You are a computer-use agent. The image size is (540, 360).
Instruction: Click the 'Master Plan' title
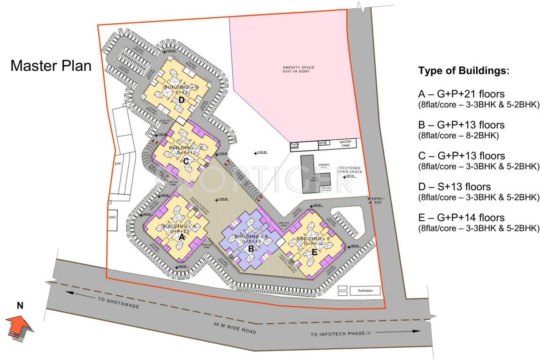[51, 66]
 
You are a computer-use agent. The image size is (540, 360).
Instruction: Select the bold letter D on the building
[181, 99]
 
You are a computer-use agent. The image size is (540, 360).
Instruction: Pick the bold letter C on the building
[186, 161]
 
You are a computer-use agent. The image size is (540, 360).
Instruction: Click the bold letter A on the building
[181, 237]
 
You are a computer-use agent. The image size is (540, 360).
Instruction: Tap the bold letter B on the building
[251, 248]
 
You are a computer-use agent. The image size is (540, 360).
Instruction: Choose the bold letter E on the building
[314, 252]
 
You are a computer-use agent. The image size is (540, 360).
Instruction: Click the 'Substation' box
[365, 291]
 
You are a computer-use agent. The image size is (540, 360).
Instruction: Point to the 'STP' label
[118, 165]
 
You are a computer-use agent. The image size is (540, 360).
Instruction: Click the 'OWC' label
[112, 217]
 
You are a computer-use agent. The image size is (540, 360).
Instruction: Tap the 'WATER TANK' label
[345, 144]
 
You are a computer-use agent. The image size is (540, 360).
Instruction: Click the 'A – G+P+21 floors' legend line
[462, 94]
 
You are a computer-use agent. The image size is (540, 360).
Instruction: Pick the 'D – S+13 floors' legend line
[454, 187]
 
